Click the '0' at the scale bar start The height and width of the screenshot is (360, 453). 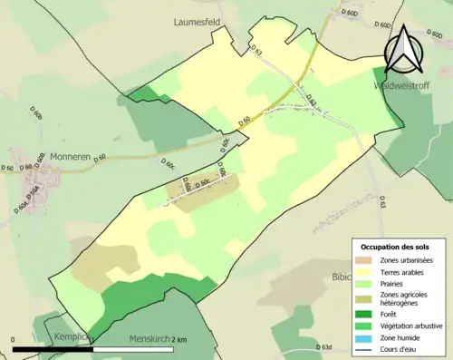click(x=14, y=340)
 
